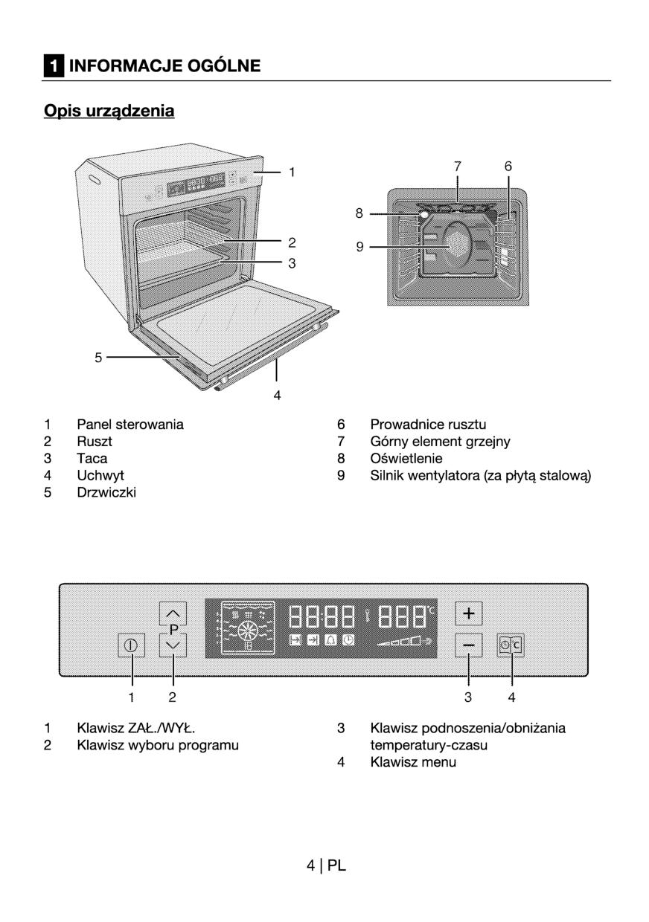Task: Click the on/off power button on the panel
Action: pos(132,645)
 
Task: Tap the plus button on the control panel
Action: pos(469,613)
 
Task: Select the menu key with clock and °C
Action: pos(511,645)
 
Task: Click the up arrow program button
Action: pos(173,613)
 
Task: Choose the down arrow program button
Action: pos(173,645)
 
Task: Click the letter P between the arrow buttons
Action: pos(173,630)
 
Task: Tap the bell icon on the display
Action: pos(330,641)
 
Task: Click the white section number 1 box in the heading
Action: pos(53,66)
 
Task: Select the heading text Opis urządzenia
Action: pos(109,112)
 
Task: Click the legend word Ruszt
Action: pos(95,442)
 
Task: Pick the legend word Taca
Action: pos(92,459)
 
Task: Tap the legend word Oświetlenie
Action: pos(406,459)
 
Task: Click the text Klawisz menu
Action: pos(413,762)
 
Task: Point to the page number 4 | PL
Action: pos(325,865)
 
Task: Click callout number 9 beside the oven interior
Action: pos(359,247)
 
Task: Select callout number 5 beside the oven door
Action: pos(98,358)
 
